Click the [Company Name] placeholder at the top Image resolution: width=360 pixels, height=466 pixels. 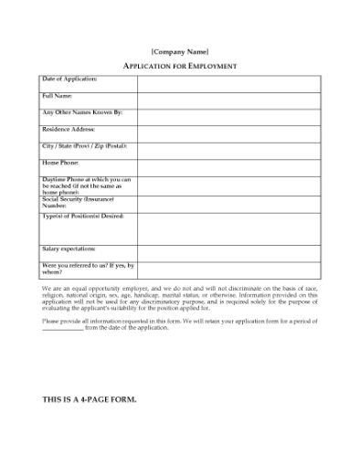(x=179, y=50)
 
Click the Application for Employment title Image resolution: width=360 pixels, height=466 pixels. (x=179, y=66)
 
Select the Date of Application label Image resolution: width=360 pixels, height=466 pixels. (x=69, y=79)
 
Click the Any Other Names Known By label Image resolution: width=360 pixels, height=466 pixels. (x=81, y=112)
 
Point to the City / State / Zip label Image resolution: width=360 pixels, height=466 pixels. (x=84, y=145)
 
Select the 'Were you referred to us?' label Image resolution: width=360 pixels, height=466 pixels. (x=86, y=268)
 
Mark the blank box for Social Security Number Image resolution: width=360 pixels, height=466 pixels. (x=228, y=204)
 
